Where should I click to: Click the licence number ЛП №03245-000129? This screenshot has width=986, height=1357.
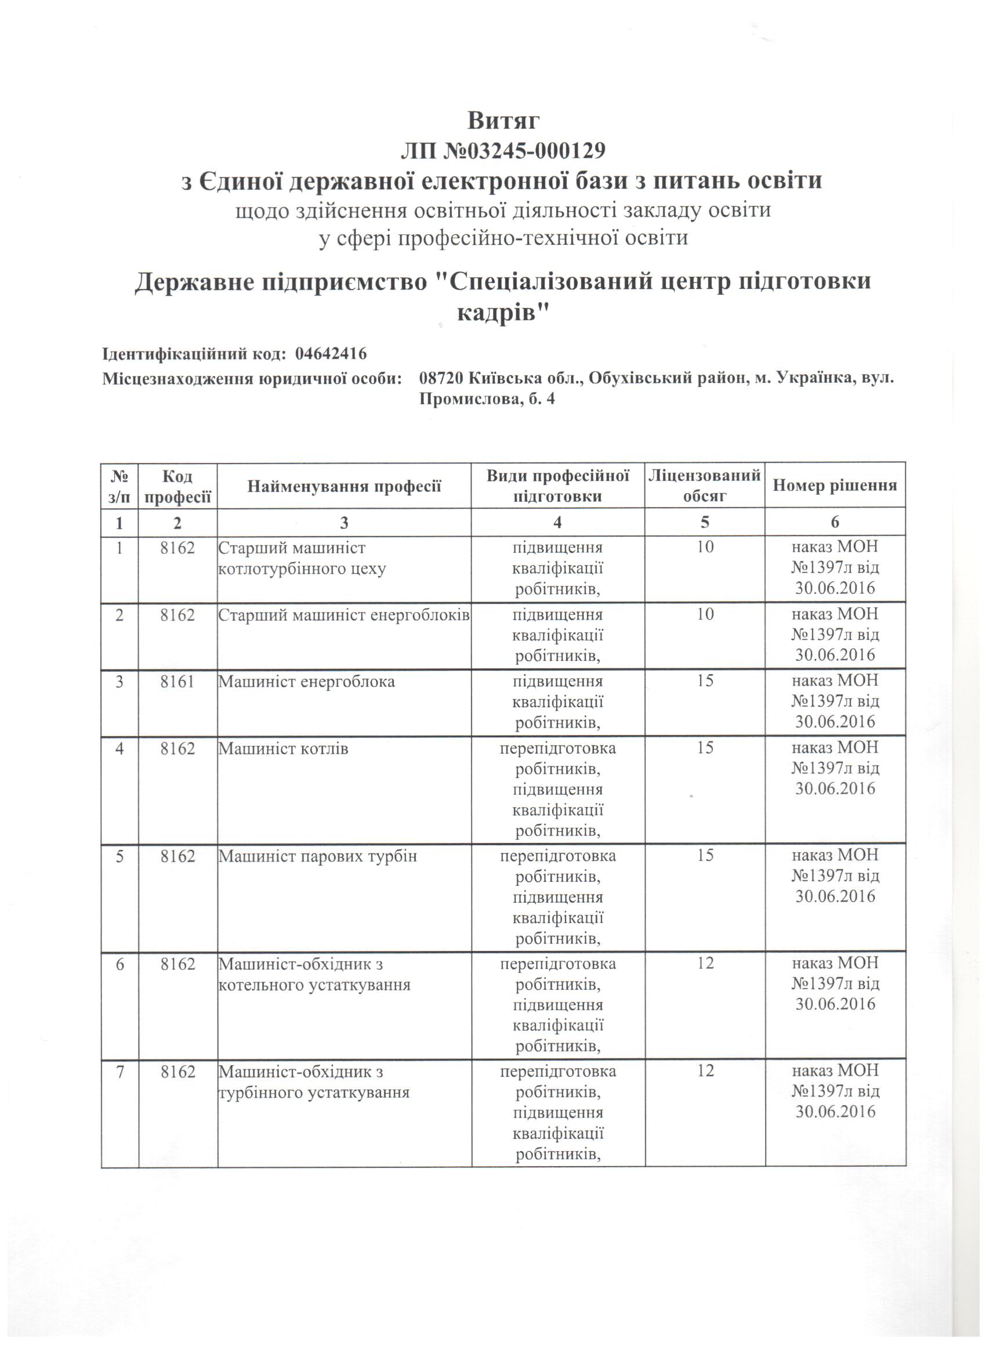(503, 151)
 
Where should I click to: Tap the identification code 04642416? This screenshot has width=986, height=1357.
(331, 354)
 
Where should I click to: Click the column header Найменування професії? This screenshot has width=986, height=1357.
(344, 486)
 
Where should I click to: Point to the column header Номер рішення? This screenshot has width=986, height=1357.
(835, 485)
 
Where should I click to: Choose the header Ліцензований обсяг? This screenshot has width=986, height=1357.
(704, 486)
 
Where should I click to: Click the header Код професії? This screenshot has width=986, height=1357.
(177, 486)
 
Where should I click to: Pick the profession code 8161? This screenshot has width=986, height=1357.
(177, 682)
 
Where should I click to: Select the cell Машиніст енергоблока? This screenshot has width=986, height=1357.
(306, 682)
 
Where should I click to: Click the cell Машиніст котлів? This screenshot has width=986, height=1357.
(283, 748)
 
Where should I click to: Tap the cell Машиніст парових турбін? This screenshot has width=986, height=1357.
(317, 856)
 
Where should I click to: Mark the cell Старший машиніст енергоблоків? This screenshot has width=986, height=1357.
(343, 614)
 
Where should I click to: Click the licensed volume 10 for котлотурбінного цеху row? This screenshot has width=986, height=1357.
(705, 547)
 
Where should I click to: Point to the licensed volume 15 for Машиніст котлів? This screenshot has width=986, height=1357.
(705, 748)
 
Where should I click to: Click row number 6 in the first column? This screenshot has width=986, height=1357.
(119, 963)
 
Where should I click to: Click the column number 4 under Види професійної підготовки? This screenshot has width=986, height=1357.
(557, 522)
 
